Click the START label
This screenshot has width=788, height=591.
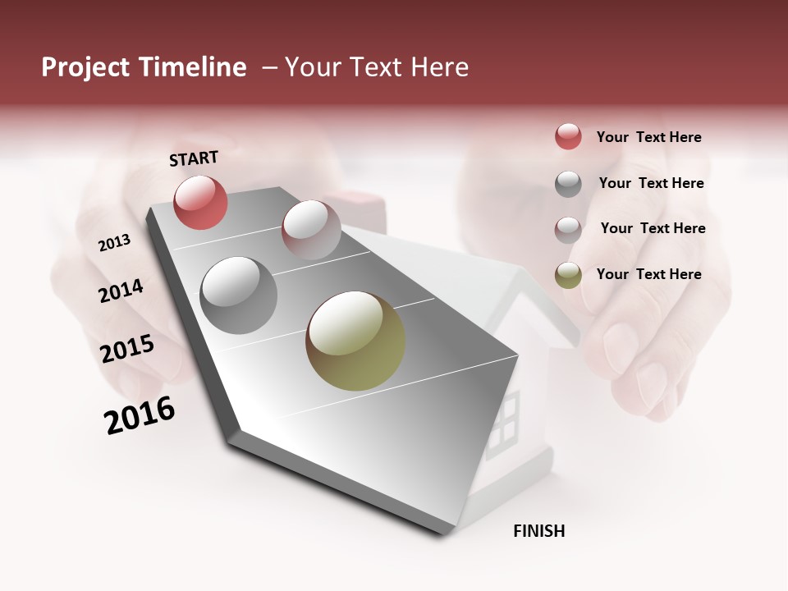(x=194, y=158)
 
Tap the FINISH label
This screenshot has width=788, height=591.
(x=538, y=531)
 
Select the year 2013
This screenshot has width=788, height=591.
(x=115, y=243)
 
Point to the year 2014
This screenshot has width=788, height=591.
(x=121, y=291)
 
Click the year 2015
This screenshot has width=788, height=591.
(x=127, y=349)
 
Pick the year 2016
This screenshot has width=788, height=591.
(x=140, y=415)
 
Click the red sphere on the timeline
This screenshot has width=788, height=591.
(x=200, y=202)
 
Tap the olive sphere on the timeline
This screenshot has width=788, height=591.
(x=355, y=341)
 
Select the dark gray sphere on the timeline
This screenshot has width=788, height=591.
(x=238, y=295)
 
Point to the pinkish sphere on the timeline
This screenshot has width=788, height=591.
(x=311, y=230)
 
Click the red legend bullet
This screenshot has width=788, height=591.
(x=568, y=136)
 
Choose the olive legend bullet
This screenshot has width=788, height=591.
(x=568, y=274)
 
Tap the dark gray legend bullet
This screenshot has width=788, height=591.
(x=568, y=183)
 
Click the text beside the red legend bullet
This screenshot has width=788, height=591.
(x=648, y=137)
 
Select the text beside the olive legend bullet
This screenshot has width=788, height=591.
(x=648, y=274)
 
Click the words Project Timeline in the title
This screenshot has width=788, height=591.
(x=144, y=67)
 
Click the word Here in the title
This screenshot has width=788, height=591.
(x=439, y=67)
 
